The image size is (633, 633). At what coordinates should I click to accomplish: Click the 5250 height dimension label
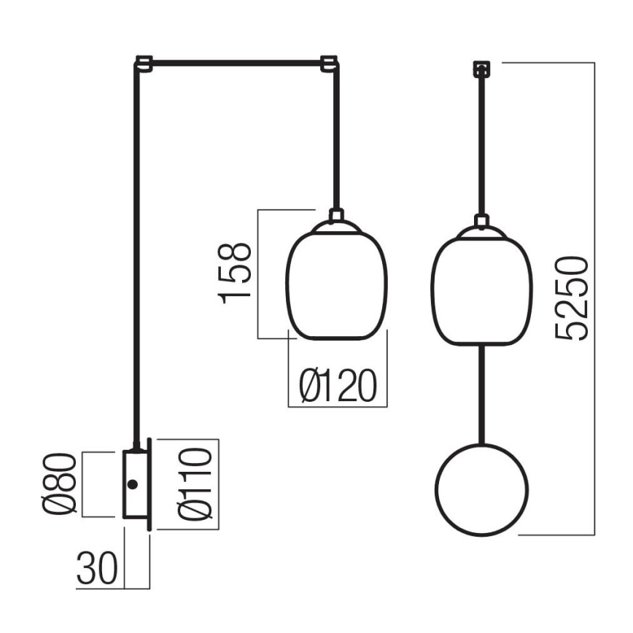pos(571,298)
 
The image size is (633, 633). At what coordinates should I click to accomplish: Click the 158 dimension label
pos(236,273)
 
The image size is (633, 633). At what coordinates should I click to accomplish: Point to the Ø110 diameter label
pos(195,485)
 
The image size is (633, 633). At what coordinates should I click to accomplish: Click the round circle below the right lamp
pos(481,489)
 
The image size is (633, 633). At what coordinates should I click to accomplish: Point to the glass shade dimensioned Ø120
pos(336,284)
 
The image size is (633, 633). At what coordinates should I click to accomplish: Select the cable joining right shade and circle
pos(481,394)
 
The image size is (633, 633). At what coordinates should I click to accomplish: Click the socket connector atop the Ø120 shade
pos(336,217)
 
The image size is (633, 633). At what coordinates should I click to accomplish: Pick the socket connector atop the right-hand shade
pos(481,221)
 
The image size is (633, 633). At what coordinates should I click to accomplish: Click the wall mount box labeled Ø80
pos(136,485)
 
